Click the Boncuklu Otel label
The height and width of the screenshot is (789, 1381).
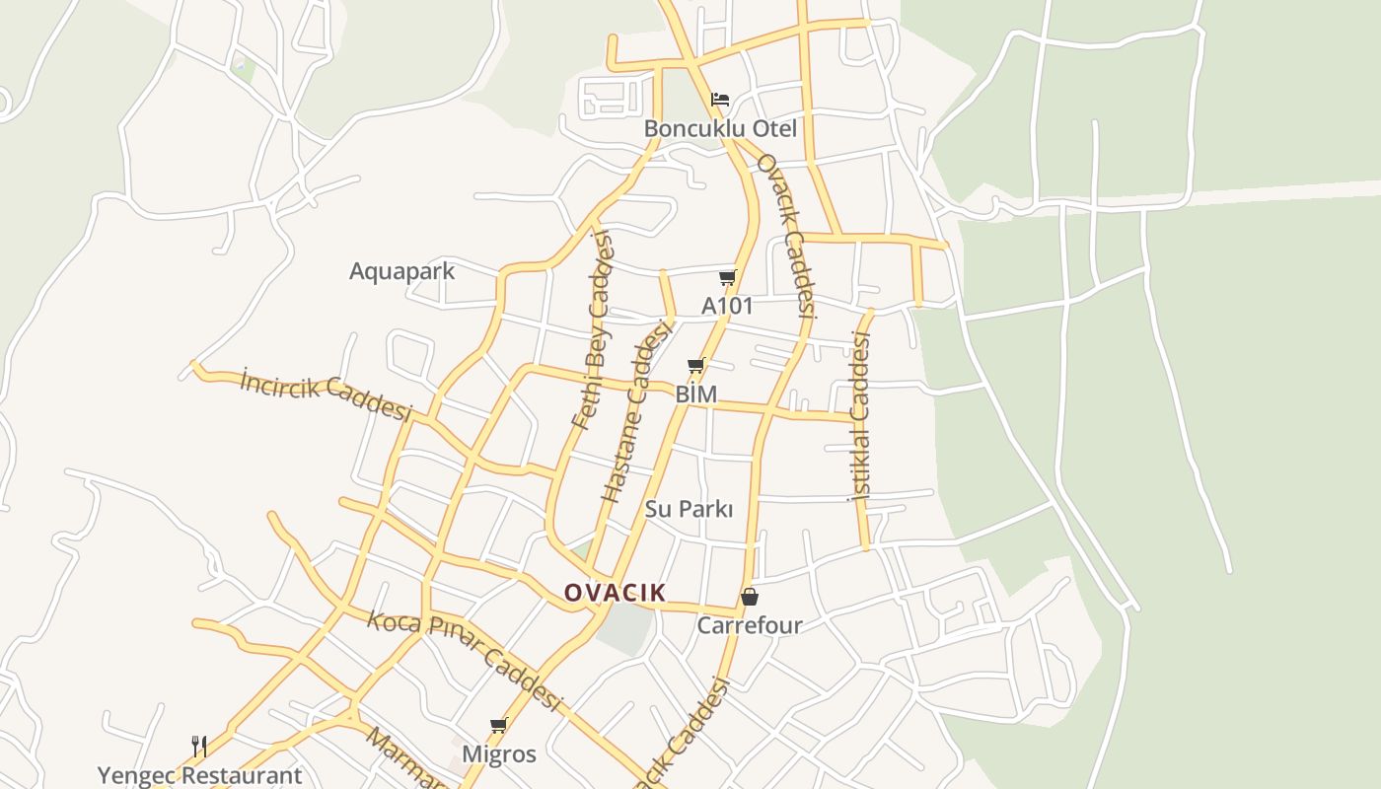pos(720,129)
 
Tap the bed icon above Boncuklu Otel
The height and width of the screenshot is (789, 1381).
pos(720,100)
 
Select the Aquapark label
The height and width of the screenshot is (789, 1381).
pos(401,271)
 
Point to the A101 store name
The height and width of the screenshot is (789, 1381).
pos(727,306)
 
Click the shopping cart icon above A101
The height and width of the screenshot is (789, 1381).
pos(727,278)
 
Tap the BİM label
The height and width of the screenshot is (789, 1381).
pos(695,394)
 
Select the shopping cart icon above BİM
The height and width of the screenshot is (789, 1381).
pos(695,367)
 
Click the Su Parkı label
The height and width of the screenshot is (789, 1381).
pos(689,509)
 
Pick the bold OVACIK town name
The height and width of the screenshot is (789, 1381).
pos(615,593)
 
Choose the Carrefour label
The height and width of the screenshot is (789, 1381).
pos(750,625)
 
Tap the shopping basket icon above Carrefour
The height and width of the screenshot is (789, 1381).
pos(750,597)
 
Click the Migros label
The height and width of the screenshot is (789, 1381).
pos(499,754)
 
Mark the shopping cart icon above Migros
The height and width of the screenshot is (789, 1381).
pos(499,726)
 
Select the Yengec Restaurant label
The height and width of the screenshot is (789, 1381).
pos(199,776)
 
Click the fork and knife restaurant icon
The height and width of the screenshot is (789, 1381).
pos(199,746)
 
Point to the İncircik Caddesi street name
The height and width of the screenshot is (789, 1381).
pos(325,396)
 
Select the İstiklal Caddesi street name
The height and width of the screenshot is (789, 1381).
pos(860,417)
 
